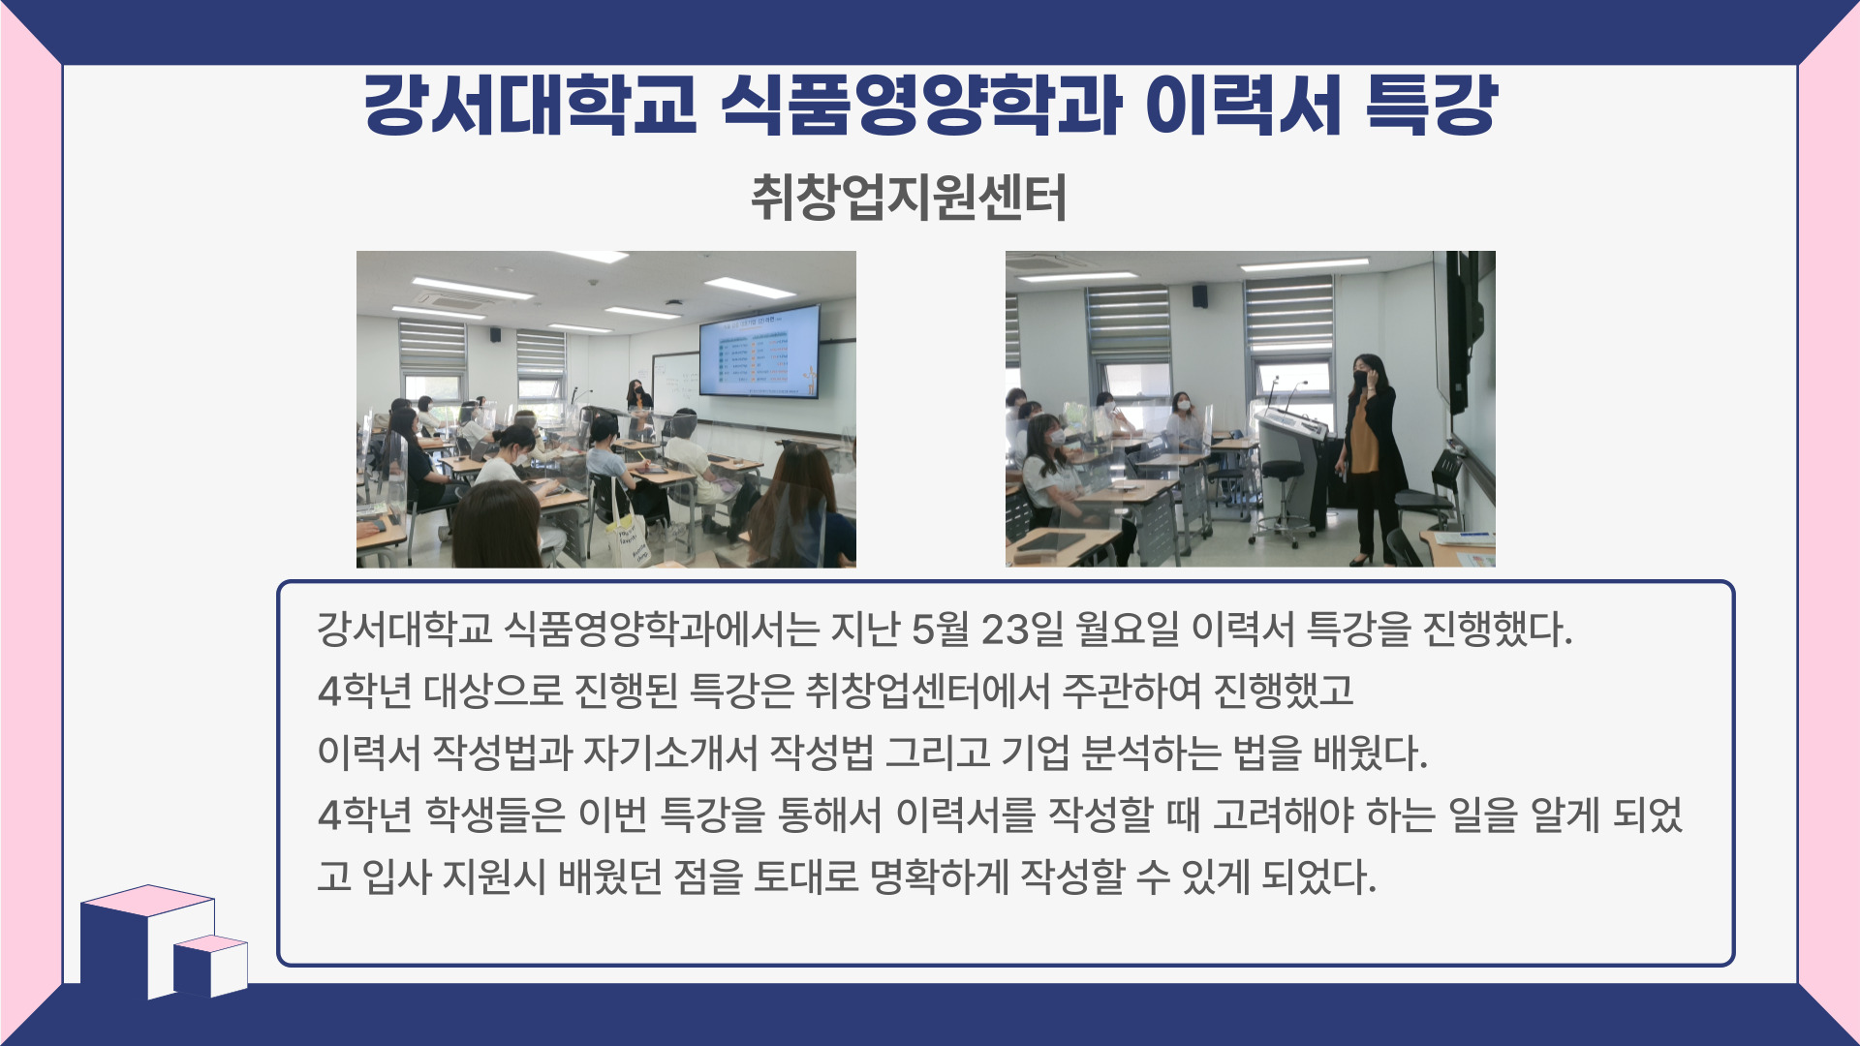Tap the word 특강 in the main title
coord(1432,104)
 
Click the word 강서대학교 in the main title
coord(530,104)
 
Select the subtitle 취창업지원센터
coord(909,198)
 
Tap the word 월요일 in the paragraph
coord(1127,630)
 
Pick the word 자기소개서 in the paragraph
coord(669,753)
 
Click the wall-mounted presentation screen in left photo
coord(760,351)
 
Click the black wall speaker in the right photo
coord(1199,295)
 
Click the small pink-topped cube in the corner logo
coord(211,967)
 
